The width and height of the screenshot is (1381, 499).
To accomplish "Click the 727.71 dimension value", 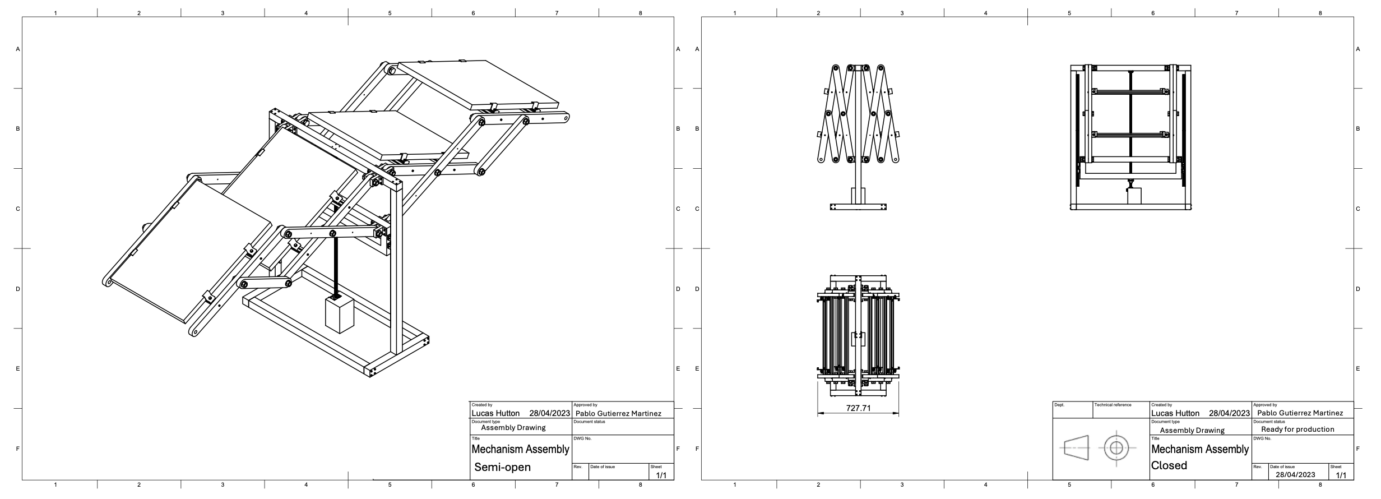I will tap(858, 408).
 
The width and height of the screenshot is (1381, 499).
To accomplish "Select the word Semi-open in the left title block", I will tap(502, 467).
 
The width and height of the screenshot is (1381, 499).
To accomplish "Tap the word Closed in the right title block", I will tap(1169, 465).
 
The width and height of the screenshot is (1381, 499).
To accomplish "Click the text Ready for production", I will tap(1297, 429).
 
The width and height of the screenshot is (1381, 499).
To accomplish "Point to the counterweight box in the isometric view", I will tap(340, 315).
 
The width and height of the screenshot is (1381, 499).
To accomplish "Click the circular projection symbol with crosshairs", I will tap(1116, 448).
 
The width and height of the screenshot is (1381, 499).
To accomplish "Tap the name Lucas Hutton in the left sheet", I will tap(495, 413).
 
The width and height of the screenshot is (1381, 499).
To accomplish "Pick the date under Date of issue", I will tap(1295, 475).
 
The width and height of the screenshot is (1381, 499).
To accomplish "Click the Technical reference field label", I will tap(1113, 405).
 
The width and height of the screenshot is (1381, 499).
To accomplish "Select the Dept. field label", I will tap(1059, 405).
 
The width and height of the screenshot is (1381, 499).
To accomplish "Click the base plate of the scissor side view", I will tap(858, 207).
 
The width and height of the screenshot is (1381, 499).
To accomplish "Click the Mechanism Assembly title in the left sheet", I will tap(520, 449).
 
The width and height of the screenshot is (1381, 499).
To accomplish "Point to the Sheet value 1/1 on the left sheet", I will tap(661, 475).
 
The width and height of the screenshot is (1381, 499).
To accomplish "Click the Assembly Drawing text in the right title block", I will tap(1192, 431).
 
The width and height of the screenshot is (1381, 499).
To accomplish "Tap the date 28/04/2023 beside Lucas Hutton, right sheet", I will tap(1229, 413).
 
